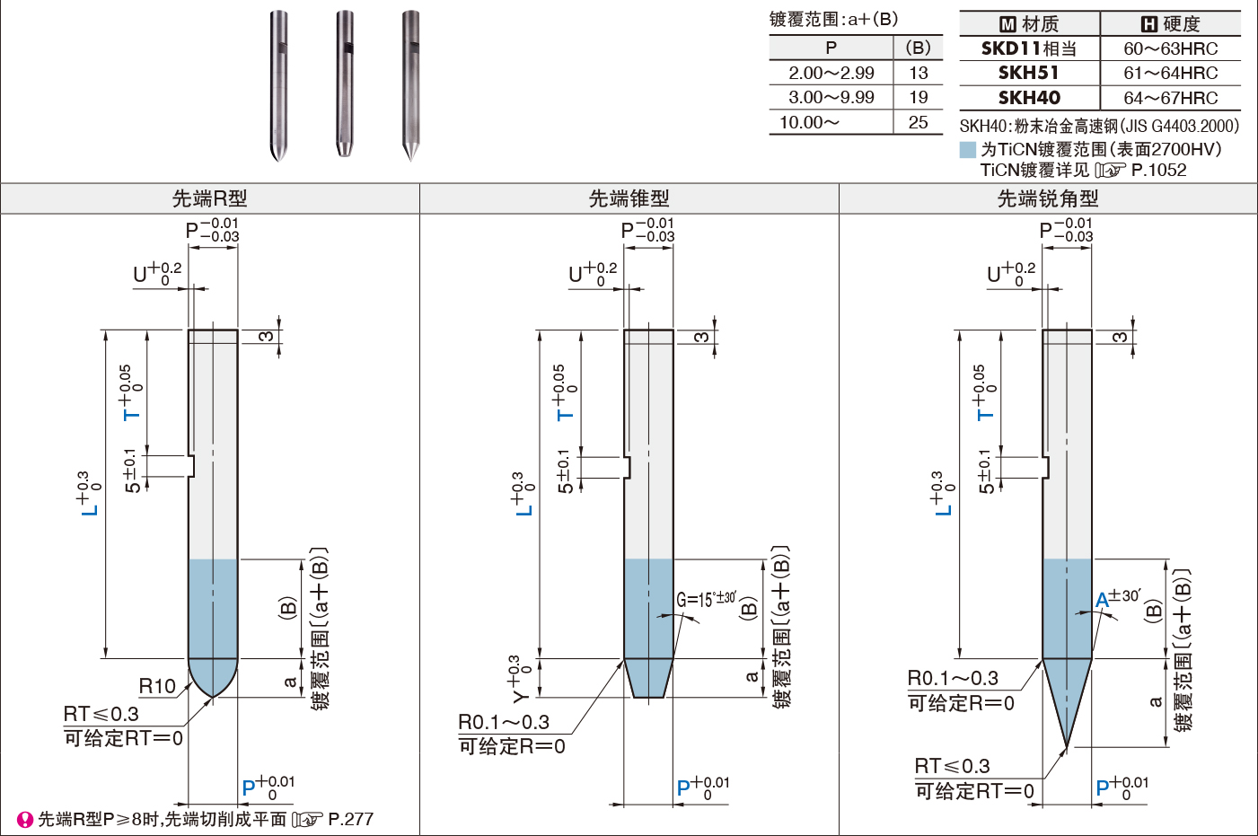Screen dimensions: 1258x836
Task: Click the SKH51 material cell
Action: pos(1028,73)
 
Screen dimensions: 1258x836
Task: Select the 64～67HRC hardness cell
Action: pos(1170,98)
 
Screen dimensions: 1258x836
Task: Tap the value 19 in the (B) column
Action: pos(919,98)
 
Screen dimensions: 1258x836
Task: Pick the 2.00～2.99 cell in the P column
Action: pos(831,73)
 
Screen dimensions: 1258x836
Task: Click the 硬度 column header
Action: pos(1171,24)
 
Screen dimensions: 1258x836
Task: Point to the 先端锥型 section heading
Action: pos(629,198)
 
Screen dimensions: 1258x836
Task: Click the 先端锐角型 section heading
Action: pos(1048,198)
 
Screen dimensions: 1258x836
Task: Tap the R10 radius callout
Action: pos(157,686)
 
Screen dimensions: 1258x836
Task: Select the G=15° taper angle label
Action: pos(706,599)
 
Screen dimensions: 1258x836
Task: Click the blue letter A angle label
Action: pos(1103,600)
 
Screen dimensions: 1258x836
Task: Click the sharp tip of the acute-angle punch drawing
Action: pos(1067,746)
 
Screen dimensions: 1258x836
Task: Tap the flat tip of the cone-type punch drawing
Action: pos(648,698)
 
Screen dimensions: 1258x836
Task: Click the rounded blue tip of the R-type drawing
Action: pos(213,677)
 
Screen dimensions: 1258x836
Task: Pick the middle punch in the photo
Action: pos(345,84)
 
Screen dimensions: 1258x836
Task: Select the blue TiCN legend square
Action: pos(968,149)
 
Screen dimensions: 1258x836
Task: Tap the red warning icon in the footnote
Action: pos(24,820)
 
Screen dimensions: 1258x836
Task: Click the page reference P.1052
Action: pos(1158,170)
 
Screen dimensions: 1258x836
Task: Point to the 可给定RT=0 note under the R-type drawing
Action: pos(124,738)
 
